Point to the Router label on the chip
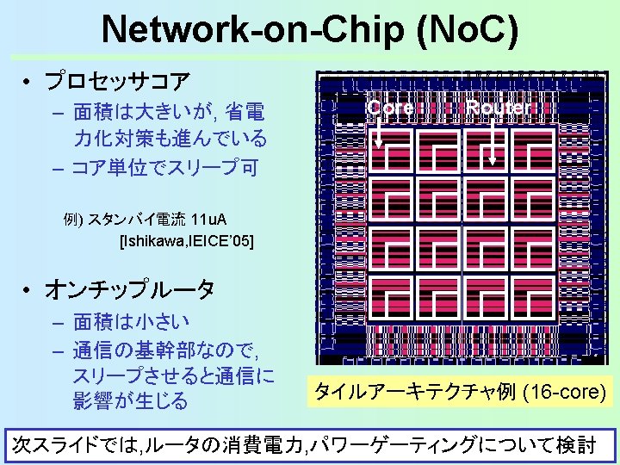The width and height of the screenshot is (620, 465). (x=500, y=108)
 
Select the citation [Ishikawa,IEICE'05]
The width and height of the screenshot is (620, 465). (x=187, y=240)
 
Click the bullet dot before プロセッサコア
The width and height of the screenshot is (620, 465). (x=28, y=83)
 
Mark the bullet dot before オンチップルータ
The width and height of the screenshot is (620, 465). (x=28, y=290)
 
